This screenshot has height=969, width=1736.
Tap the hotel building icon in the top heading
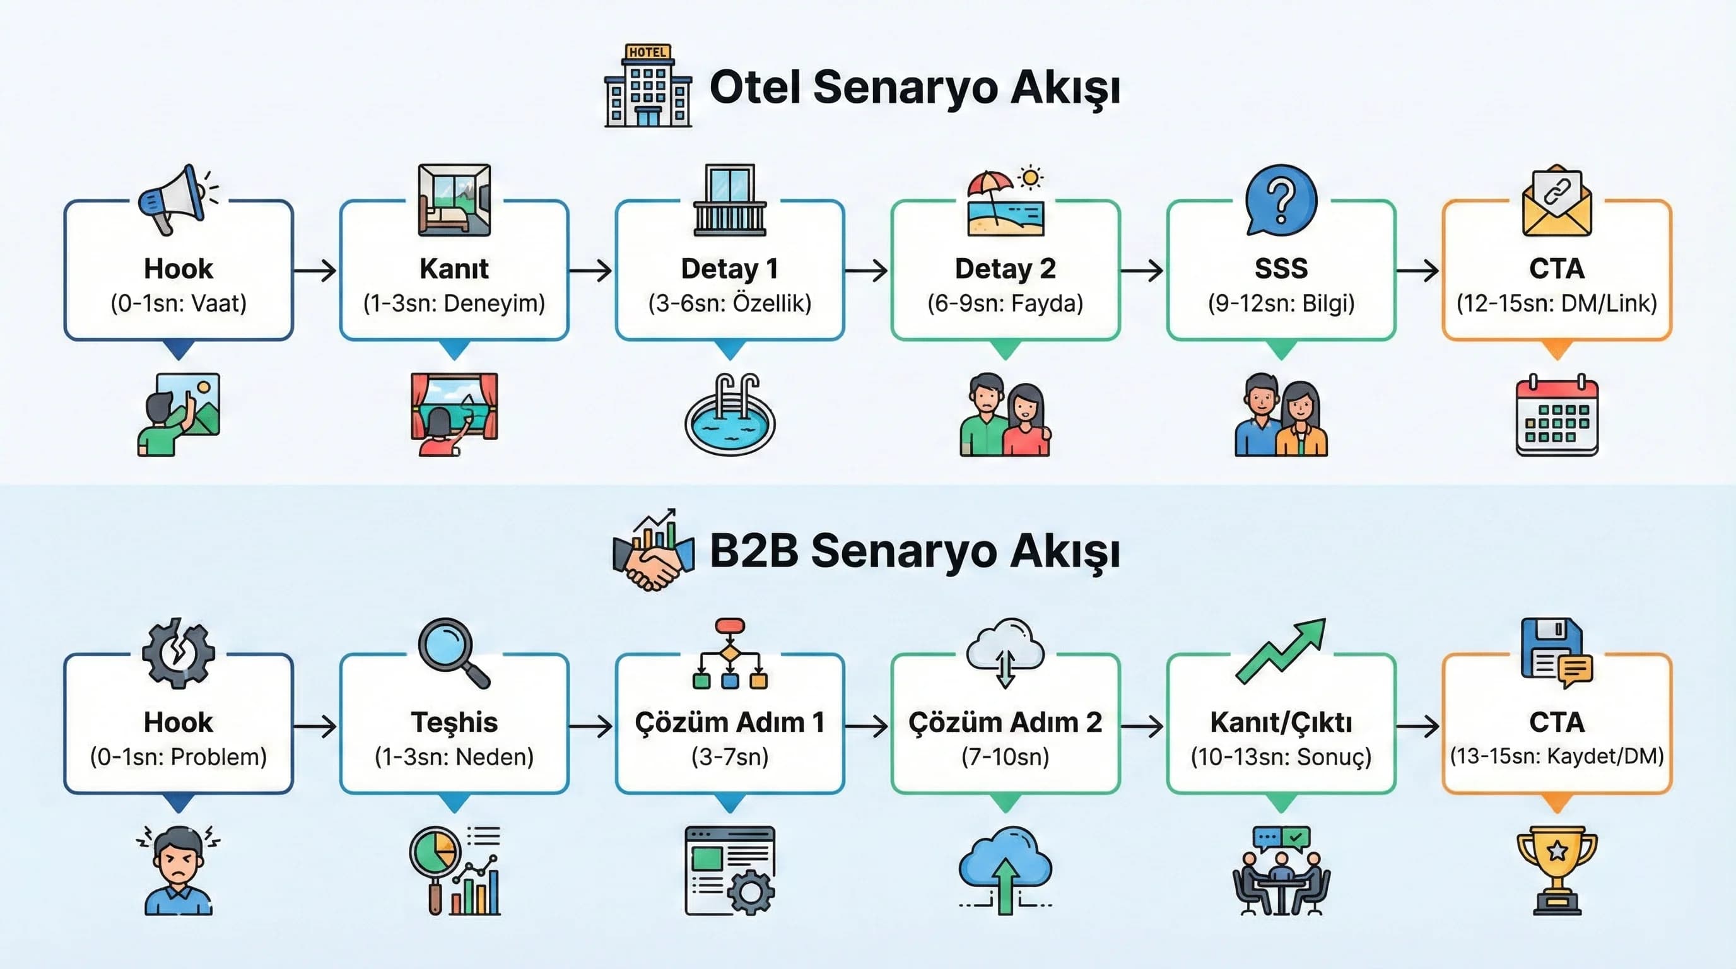[648, 86]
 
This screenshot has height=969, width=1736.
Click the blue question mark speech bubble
[1281, 199]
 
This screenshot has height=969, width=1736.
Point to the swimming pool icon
[730, 416]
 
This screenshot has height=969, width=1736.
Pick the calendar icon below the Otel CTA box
[1557, 416]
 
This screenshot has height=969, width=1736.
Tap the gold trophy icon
[1557, 871]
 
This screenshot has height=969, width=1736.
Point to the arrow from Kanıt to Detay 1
[591, 271]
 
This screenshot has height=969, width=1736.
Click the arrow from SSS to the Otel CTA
[1418, 271]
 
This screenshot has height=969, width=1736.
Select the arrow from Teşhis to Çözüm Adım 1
[591, 725]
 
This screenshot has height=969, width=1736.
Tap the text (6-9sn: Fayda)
[1005, 303]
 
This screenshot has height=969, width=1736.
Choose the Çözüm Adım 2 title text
[1005, 722]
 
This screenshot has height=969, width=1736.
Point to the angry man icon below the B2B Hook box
[178, 871]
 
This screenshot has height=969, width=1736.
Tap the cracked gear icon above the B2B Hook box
[178, 652]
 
